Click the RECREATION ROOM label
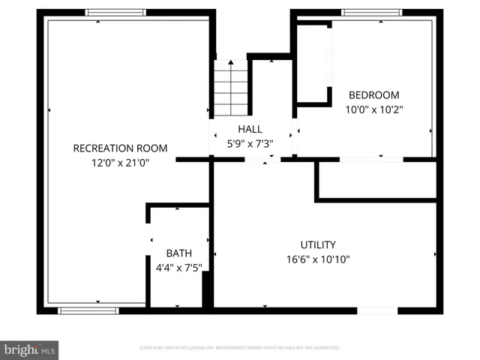pos(120,148)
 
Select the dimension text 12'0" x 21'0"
pos(120,162)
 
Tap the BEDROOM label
pos(374,95)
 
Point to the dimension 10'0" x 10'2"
pos(374,109)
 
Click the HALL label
pos(250,129)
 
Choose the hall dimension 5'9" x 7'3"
pos(250,143)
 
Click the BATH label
pos(178,253)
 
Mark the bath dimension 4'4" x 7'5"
pos(178,266)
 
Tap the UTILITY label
pos(318,244)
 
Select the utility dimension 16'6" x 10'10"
pos(318,259)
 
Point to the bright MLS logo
pos(30,349)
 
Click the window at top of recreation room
pos(115,12)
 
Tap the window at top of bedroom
pos(371,12)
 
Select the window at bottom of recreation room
pos(88,310)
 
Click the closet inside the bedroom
pos(313,64)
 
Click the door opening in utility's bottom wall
pos(377,310)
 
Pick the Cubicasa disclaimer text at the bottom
pos(240,348)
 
